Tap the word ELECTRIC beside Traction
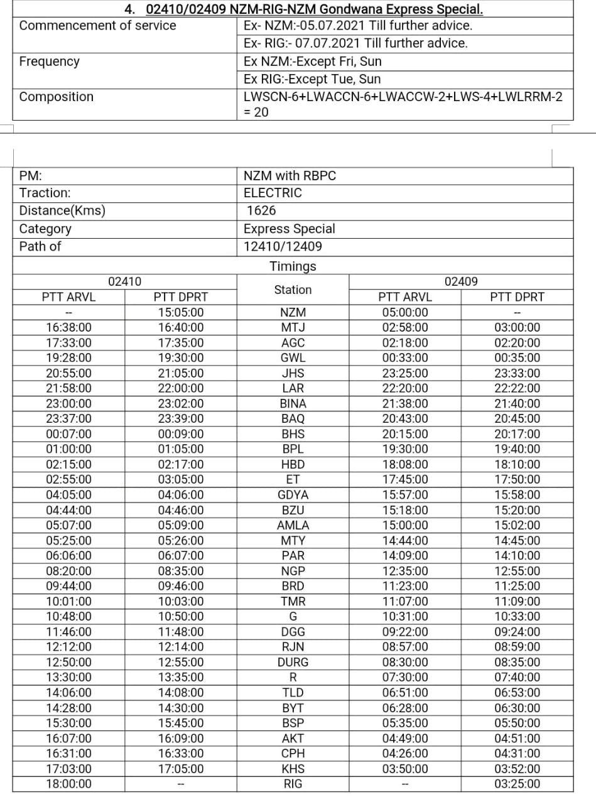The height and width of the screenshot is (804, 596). [x=273, y=193]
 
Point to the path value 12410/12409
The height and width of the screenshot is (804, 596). [x=283, y=246]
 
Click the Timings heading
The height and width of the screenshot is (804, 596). [x=293, y=266]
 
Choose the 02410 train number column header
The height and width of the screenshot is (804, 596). [x=124, y=281]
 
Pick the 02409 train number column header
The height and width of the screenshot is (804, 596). [x=461, y=281]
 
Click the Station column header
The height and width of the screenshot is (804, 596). [x=293, y=290]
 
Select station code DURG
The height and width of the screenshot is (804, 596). [x=293, y=662]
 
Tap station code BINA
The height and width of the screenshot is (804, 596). [x=293, y=403]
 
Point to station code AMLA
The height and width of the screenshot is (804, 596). [x=293, y=525]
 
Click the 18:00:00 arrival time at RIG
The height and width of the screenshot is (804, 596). [x=68, y=784]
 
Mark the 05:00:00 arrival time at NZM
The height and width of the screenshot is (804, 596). [x=405, y=312]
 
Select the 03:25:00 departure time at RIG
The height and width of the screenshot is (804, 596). [x=517, y=784]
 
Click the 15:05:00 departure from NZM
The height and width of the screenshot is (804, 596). [x=181, y=312]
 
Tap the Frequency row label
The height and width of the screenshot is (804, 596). [x=50, y=62]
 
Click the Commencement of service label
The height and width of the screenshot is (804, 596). [x=98, y=26]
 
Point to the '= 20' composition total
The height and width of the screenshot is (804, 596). [x=256, y=112]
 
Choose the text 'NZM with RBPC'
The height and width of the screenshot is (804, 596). [x=290, y=176]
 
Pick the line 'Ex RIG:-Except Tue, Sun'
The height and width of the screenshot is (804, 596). [x=312, y=79]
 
